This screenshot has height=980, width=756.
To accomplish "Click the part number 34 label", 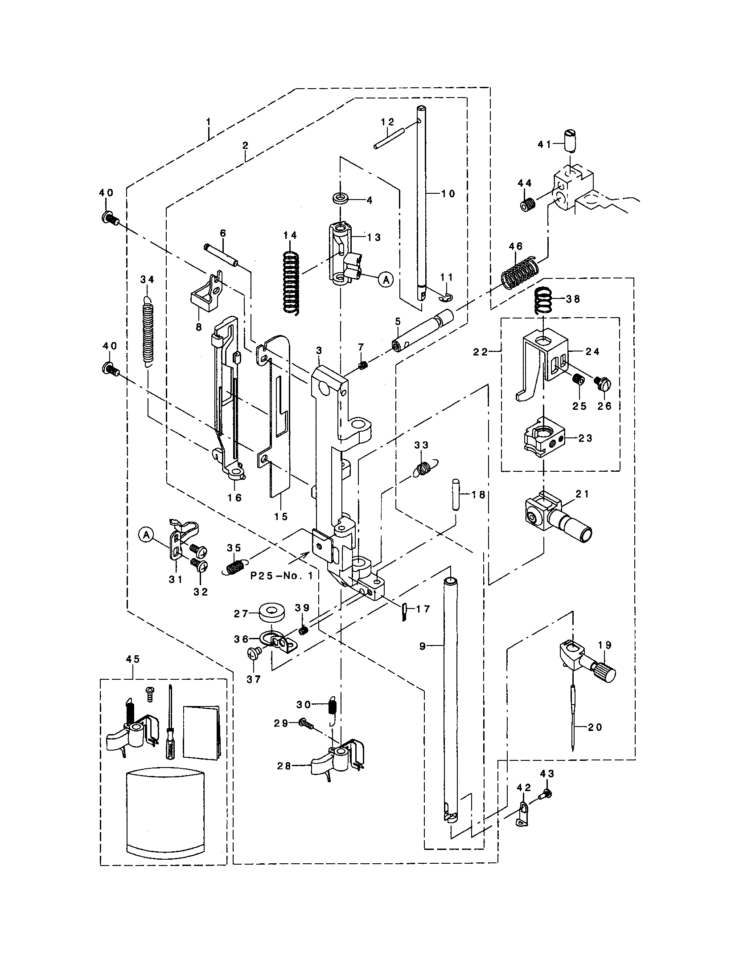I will pos(147,280).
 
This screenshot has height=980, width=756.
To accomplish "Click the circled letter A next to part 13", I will pos(385,280).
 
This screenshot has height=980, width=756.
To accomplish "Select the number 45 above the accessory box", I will pos(133,659).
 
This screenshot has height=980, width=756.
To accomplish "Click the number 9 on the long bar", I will pos(422,646).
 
